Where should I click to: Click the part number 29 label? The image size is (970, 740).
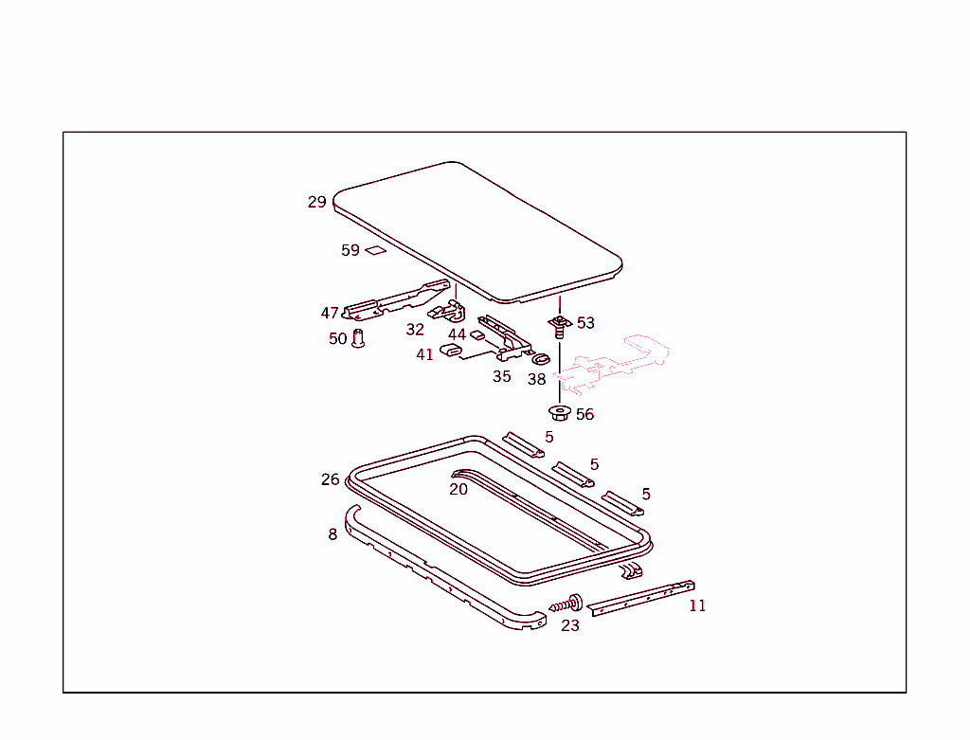[x=316, y=202]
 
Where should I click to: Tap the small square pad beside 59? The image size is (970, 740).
[x=376, y=251]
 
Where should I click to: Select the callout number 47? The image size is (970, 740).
[x=330, y=314]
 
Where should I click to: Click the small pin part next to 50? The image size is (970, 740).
[x=358, y=337]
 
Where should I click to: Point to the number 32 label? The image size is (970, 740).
[x=415, y=330]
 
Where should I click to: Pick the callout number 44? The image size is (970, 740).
[x=458, y=334]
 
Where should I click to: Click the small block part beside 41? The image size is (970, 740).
[x=450, y=352]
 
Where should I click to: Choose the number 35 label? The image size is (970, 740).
[x=502, y=376]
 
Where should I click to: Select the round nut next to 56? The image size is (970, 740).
[x=559, y=413]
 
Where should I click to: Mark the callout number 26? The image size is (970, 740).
[x=330, y=479]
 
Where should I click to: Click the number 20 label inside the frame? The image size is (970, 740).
[x=458, y=489]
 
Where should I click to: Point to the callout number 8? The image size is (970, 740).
[x=332, y=534]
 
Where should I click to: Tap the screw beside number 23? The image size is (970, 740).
[x=568, y=604]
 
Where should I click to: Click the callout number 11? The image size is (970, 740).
[x=697, y=606]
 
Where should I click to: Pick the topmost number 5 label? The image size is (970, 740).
[x=549, y=438]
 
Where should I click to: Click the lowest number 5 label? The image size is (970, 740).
[x=646, y=495]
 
